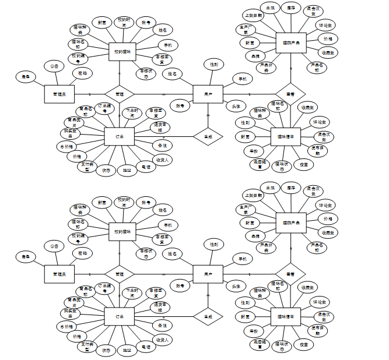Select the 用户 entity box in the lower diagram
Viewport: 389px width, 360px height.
point(208,274)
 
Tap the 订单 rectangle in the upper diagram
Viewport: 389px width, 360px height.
point(120,136)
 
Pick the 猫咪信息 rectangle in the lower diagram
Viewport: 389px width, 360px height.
point(285,317)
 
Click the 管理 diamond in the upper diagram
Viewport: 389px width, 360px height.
point(119,93)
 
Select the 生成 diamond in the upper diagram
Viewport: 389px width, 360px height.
point(208,136)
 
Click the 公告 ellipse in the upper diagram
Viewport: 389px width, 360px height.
point(54,67)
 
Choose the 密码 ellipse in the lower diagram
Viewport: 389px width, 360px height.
point(83,253)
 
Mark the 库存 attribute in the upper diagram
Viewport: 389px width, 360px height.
point(290,9)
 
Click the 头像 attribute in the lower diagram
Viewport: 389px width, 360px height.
point(236,287)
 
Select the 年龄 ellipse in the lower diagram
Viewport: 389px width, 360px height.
point(254,331)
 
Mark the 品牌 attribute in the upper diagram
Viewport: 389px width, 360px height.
point(255,56)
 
